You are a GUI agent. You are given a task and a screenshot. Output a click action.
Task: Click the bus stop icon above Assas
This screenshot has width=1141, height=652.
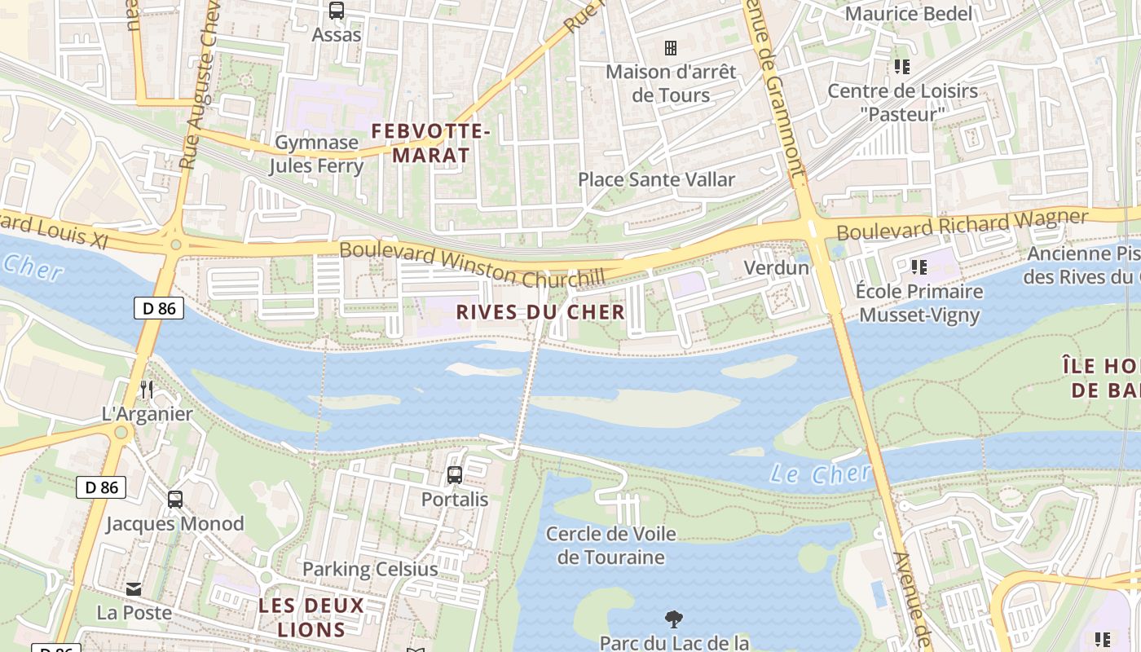tap(336, 11)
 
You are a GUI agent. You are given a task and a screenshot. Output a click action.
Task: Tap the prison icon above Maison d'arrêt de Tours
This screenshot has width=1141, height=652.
tap(671, 48)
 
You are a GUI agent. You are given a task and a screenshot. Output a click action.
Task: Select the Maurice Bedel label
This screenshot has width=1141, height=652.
tap(909, 14)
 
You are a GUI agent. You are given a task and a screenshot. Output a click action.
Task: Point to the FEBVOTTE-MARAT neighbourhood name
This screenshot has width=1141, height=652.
tap(431, 143)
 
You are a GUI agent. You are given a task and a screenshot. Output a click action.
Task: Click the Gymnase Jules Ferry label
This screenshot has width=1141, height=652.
tap(316, 154)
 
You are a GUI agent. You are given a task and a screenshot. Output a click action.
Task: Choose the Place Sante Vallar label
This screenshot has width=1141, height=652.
tap(656, 179)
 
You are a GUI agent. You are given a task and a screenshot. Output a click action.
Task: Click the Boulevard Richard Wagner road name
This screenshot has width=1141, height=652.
tap(962, 224)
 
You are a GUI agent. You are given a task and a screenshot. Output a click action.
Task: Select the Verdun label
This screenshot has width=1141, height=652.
tap(777, 267)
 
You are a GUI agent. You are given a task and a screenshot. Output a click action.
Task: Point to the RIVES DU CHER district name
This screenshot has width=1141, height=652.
tap(540, 312)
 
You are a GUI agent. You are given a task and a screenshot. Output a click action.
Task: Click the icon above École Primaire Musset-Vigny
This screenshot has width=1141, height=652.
tap(920, 267)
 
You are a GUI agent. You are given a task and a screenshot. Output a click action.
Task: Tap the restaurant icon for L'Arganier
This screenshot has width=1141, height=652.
tap(147, 390)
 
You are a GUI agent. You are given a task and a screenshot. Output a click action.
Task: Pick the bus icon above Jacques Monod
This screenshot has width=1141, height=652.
tap(175, 500)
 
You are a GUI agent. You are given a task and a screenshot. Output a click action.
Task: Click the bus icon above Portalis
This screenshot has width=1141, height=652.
tap(455, 474)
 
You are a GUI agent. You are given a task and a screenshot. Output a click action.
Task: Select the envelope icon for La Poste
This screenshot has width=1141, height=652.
tap(134, 588)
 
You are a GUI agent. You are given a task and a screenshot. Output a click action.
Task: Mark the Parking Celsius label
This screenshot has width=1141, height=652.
tap(370, 569)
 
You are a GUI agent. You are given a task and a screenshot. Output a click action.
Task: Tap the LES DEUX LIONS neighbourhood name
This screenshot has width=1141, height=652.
tap(311, 618)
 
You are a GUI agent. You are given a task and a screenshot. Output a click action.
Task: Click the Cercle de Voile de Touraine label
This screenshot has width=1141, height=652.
tap(610, 545)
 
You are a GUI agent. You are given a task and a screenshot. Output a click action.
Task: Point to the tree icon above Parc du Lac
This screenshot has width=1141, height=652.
tap(674, 619)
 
